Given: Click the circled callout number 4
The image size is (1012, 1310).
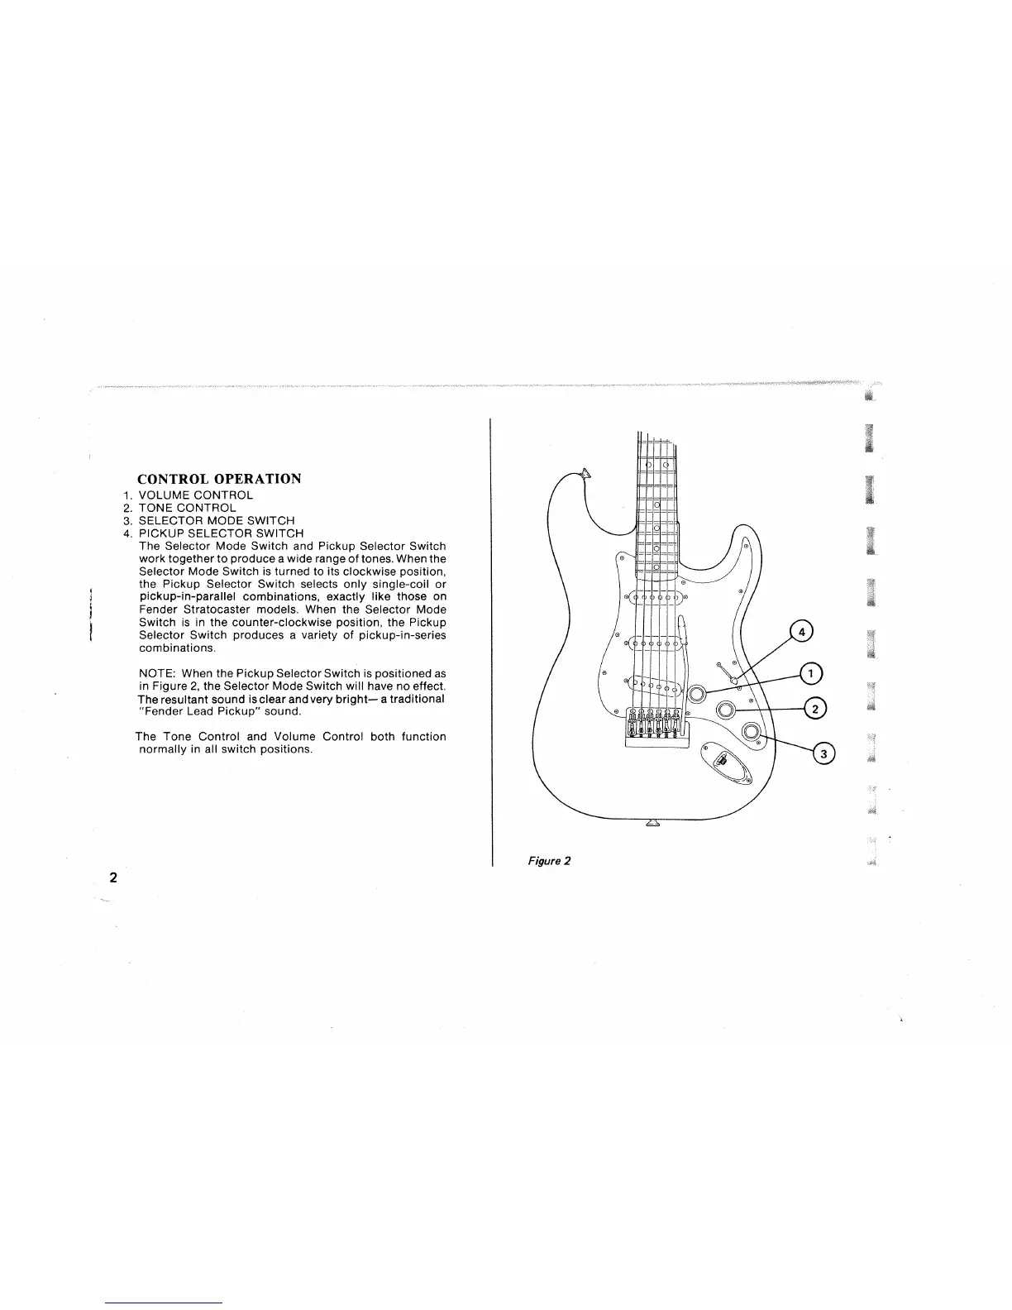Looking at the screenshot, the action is (x=800, y=633).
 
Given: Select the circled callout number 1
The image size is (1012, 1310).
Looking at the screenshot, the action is (x=811, y=674).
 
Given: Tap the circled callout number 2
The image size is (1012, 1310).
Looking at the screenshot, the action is (x=814, y=709).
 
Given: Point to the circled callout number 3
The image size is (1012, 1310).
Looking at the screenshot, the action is (x=823, y=753).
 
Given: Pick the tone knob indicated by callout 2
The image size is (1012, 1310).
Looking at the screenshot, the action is (x=725, y=710).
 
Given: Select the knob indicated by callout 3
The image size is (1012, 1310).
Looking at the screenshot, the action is (x=751, y=731).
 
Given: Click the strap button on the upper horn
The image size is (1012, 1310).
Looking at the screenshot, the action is (x=587, y=473).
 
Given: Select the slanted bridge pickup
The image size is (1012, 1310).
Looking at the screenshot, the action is (x=654, y=684).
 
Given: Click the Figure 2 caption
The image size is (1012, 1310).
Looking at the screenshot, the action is (x=550, y=861).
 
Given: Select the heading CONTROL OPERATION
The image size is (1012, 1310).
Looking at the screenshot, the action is (x=219, y=479).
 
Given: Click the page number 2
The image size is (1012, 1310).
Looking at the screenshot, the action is (x=113, y=877).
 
